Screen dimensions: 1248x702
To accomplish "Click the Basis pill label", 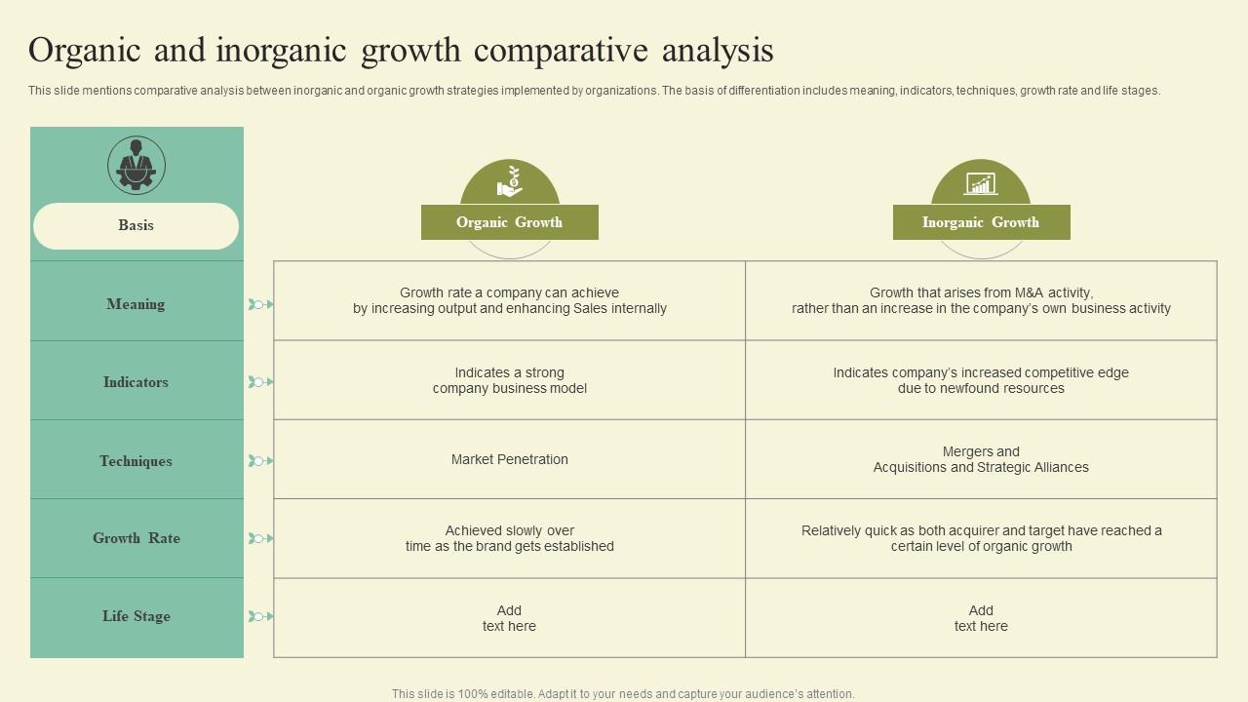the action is pos(136,225).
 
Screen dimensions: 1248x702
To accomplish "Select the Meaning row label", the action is pos(136,304).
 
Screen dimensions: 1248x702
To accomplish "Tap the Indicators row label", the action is pos(136,382).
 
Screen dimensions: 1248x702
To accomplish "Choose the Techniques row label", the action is pos(136,461).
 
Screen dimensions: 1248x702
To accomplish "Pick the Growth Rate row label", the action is pos(136,538).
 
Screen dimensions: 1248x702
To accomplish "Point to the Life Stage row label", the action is pos(136,616).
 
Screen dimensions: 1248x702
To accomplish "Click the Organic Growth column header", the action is pos(510,222).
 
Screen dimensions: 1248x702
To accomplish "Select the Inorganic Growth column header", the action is pos(981,222).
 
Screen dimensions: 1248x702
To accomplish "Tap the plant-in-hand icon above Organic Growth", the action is pos(510,181).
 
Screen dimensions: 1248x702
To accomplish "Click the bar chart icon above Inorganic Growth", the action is pos(981,184).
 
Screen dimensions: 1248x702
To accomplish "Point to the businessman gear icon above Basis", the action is pos(136,165).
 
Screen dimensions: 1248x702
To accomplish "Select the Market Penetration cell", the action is pos(509,459).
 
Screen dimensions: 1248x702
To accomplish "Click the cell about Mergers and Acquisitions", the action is pos(981,459).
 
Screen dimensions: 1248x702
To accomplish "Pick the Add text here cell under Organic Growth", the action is pos(509,618).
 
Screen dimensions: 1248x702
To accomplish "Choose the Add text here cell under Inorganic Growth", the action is pos(981,618).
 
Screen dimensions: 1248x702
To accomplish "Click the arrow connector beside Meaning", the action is pos(260,304).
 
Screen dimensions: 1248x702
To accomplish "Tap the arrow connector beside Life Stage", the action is pos(260,616).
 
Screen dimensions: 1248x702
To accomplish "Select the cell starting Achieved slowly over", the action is pos(509,539).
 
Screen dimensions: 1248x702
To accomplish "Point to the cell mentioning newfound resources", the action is pos(981,380).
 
